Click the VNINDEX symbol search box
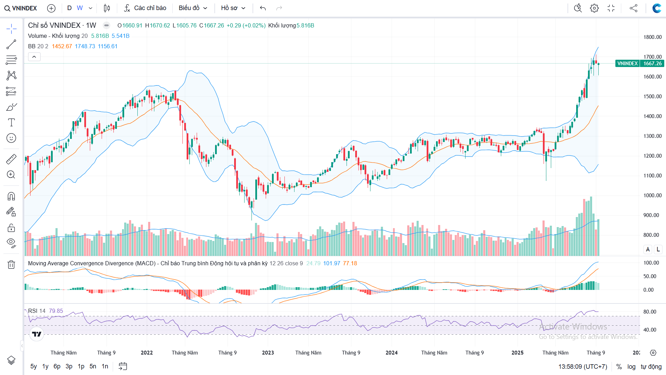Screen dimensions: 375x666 click(21, 8)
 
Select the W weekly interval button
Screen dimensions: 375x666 click(80, 8)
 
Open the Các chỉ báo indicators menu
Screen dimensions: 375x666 click(145, 8)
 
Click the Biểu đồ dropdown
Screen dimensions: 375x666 click(193, 8)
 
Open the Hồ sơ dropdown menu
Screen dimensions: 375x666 click(233, 8)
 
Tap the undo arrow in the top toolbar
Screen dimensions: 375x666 click(263, 8)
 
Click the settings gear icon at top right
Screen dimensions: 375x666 click(594, 8)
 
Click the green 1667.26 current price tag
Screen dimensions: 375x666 click(652, 64)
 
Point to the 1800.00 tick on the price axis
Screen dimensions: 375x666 click(652, 37)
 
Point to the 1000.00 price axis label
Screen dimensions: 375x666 click(652, 195)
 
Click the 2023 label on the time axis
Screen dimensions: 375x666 click(268, 353)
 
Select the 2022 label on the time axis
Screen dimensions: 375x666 click(147, 353)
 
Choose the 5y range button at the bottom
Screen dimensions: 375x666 click(34, 366)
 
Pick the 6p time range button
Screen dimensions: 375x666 click(57, 366)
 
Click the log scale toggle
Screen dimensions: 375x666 click(631, 367)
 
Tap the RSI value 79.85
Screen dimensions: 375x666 click(56, 311)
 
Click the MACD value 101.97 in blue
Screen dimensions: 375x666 click(332, 263)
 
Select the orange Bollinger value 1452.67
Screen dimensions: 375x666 click(62, 46)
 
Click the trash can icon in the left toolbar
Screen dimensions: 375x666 click(11, 265)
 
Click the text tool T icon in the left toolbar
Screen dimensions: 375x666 click(11, 122)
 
